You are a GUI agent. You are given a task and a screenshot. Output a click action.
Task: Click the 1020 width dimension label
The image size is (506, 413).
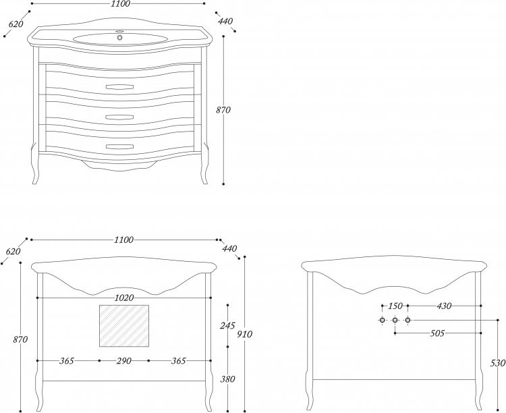pyautogui.click(x=124, y=298)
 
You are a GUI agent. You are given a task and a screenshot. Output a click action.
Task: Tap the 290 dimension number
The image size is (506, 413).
pyautogui.click(x=124, y=360)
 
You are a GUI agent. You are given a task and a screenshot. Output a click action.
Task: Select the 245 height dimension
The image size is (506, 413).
pyautogui.click(x=227, y=325)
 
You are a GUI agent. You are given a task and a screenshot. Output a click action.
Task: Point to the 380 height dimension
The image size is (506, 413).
pyautogui.click(x=227, y=379)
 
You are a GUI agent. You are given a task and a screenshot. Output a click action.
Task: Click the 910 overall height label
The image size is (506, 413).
pyautogui.click(x=245, y=334)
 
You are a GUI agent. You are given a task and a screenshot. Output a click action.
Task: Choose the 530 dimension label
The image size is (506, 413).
pyautogui.click(x=498, y=363)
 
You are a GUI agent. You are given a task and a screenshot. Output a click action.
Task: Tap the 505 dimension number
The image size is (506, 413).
pyautogui.click(x=438, y=333)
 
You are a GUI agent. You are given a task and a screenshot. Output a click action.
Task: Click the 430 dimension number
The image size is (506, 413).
pyautogui.click(x=444, y=306)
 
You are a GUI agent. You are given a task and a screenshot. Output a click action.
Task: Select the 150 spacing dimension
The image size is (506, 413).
pyautogui.click(x=395, y=306)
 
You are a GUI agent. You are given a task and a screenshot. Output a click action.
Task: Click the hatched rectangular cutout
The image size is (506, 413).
pyautogui.click(x=124, y=326)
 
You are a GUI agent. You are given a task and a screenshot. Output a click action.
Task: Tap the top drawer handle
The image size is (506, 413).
pyautogui.click(x=119, y=86)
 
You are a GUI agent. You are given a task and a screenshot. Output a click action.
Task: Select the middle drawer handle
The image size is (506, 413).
pyautogui.click(x=119, y=117)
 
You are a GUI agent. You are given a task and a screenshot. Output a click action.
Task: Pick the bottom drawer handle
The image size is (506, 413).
pyautogui.click(x=119, y=146)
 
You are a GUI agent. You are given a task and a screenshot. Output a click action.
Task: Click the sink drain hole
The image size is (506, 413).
pyautogui.click(x=120, y=38)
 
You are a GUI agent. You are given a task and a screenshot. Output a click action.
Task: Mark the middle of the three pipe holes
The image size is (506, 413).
pyautogui.click(x=395, y=320)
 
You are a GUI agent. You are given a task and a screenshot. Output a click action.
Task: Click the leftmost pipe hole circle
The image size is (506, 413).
pyautogui.click(x=382, y=320)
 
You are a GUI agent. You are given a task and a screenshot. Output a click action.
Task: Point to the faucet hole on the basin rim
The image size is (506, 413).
pyautogui.click(x=120, y=31)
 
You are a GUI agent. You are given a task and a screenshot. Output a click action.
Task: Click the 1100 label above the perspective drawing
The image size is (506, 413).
pyautogui.click(x=120, y=4)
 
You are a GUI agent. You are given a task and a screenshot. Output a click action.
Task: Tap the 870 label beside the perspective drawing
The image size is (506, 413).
pyautogui.click(x=223, y=110)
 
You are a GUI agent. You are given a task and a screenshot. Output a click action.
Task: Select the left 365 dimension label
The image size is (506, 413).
pyautogui.click(x=67, y=360)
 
